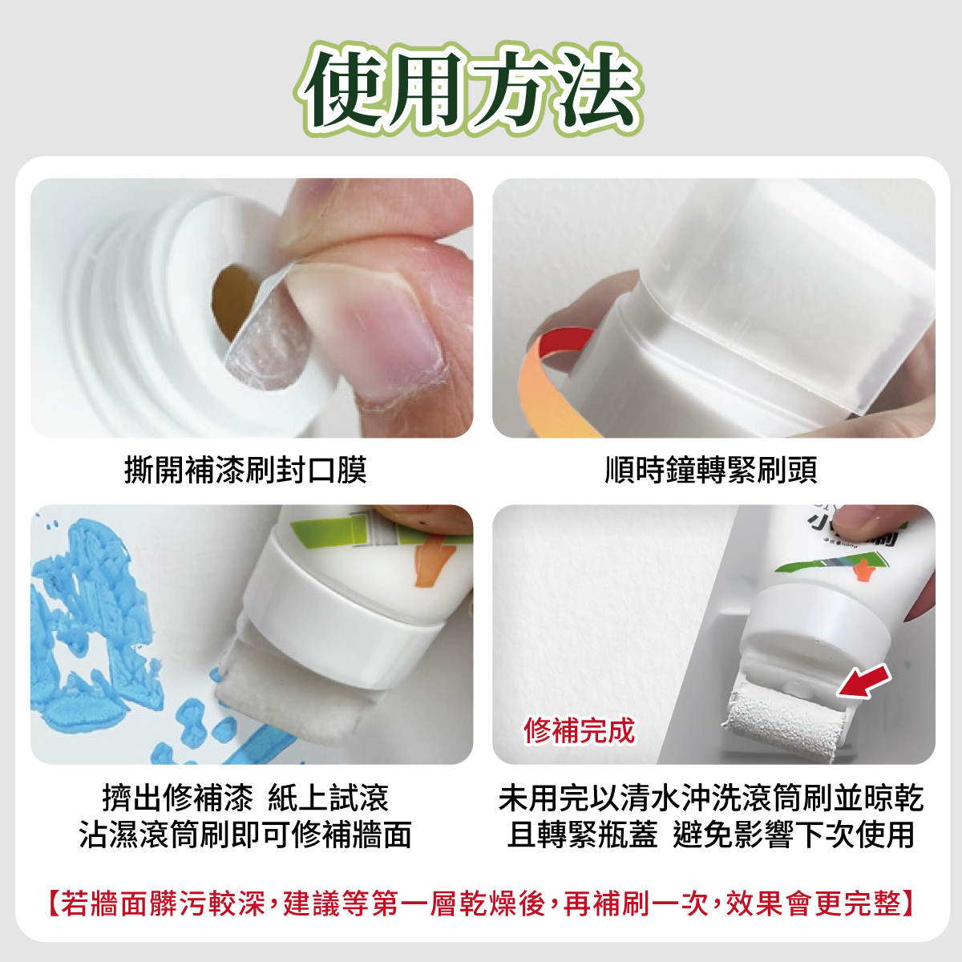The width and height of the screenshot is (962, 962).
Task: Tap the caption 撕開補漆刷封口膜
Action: (245, 471)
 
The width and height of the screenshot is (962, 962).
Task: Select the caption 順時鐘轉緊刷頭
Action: (711, 471)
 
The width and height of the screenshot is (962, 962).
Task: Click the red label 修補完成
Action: (579, 730)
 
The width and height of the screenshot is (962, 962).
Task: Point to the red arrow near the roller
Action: (863, 682)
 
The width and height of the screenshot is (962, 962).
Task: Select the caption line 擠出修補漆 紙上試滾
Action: (245, 797)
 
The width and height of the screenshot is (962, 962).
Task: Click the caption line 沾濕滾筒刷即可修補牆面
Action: (245, 835)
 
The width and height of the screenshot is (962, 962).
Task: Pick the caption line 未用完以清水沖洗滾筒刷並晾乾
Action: (711, 797)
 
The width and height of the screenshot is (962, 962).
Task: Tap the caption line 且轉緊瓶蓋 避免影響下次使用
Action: (711, 835)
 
